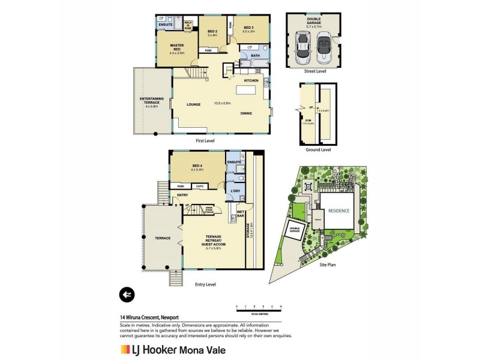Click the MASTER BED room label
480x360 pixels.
click(x=176, y=47)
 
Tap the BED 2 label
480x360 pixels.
click(x=212, y=31)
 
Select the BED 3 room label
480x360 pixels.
click(x=248, y=28)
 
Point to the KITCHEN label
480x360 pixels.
click(x=251, y=80)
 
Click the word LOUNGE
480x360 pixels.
click(x=193, y=104)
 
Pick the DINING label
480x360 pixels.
click(x=246, y=113)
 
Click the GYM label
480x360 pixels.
click(x=307, y=120)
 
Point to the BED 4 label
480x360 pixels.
click(x=198, y=166)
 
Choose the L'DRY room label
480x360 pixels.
click(x=235, y=191)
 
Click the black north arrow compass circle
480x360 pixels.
click(x=127, y=294)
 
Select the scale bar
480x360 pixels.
click(x=260, y=309)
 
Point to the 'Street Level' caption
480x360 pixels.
click(x=315, y=70)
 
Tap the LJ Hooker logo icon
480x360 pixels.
click(x=125, y=349)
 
